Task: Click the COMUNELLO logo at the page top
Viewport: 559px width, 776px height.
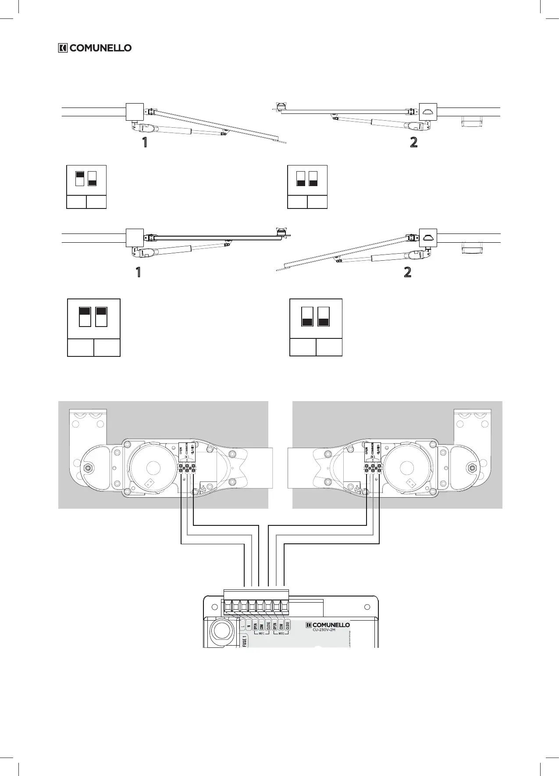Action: tap(95, 48)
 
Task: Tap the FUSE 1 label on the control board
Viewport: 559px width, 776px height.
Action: tap(244, 641)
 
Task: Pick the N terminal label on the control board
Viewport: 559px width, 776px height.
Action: tap(249, 625)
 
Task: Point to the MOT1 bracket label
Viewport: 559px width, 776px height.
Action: tap(262, 633)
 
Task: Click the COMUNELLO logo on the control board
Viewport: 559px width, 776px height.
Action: tap(328, 625)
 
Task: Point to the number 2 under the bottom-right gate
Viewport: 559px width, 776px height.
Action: tap(407, 272)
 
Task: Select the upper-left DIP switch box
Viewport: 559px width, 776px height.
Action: tap(86, 187)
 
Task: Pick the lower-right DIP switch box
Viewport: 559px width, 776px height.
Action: tap(316, 327)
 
